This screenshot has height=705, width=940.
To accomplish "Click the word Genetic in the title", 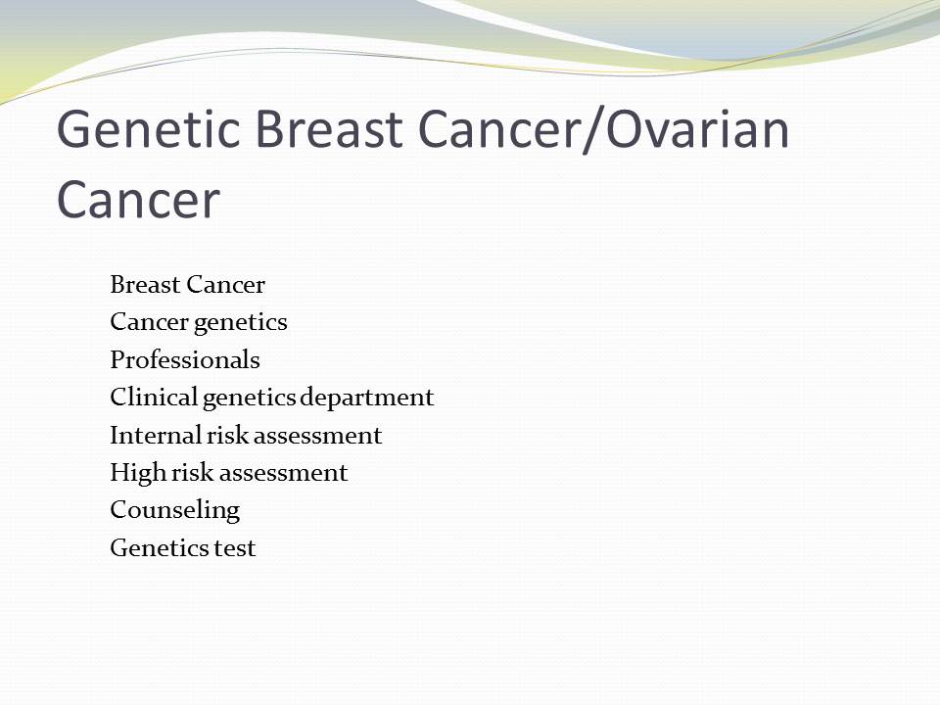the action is click(149, 129).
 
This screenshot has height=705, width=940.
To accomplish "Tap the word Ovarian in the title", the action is click(697, 129).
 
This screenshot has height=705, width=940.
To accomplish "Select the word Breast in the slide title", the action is click(329, 129).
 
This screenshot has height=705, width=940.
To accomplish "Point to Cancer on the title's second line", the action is click(138, 199).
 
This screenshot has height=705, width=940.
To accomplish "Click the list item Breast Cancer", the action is click(187, 284).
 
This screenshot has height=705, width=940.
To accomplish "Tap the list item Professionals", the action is click(185, 359).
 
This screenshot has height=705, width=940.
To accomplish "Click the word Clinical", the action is click(154, 397).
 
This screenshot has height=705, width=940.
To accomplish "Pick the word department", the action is click(366, 399).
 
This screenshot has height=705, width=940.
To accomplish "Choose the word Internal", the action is click(156, 435).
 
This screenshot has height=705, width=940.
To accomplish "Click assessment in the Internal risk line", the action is click(321, 436).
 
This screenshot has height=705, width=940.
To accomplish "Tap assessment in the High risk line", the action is click(287, 474).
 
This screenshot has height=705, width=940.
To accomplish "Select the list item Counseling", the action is click(175, 511).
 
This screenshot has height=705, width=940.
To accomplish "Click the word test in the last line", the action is click(235, 548).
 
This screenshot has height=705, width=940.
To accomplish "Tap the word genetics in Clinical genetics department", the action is click(250, 399).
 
